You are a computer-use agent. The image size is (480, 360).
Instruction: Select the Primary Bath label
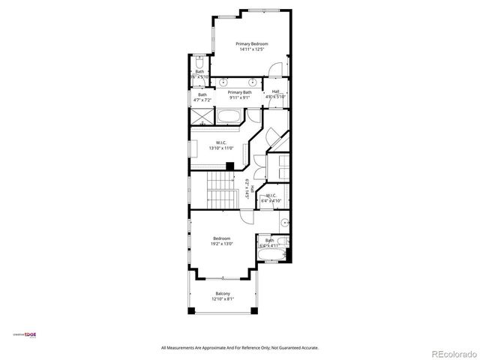pos(240,91)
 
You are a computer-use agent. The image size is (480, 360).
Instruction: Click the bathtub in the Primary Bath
pos(229,117)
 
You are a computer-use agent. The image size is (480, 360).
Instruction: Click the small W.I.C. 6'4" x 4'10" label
pos(271,198)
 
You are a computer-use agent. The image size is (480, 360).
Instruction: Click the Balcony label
pos(223,293)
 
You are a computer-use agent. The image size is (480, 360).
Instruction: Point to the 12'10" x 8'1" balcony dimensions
pos(223,299)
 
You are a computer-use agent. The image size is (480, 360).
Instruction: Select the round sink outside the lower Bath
pos(285,223)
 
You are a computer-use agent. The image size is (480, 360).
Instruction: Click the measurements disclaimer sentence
pos(240,347)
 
